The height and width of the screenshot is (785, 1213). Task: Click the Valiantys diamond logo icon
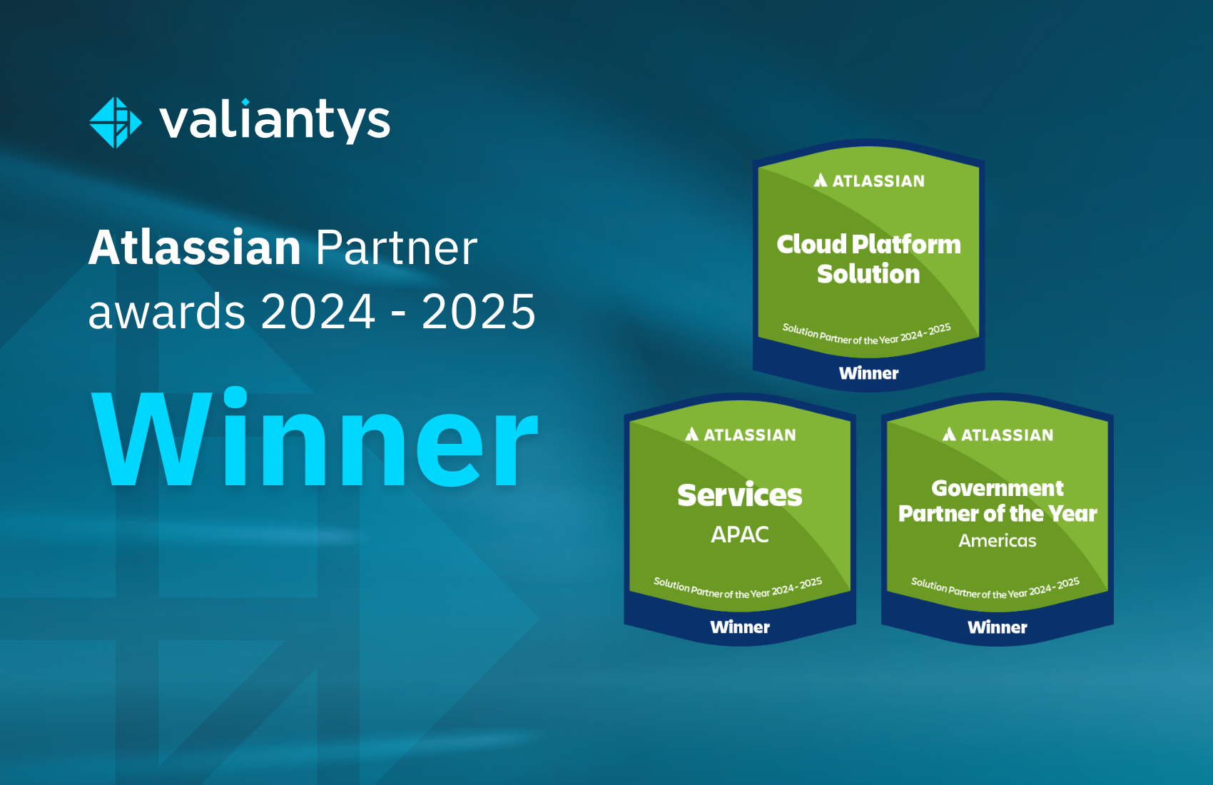tap(116, 123)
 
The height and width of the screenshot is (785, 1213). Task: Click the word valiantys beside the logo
tap(275, 121)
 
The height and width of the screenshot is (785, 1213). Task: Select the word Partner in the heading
tap(397, 248)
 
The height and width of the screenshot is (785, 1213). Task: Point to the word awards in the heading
tap(167, 312)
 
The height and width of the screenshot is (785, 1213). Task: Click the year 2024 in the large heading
tap(318, 312)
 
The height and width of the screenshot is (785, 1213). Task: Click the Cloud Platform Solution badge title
tap(868, 259)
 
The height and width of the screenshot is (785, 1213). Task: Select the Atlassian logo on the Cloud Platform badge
tap(869, 181)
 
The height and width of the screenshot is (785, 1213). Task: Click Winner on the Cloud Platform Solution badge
tap(868, 373)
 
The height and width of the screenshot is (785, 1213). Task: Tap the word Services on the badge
tap(740, 495)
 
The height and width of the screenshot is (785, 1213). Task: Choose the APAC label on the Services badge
tap(740, 535)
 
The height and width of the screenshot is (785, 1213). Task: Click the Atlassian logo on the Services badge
tap(740, 435)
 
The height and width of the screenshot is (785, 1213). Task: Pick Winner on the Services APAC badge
tap(740, 627)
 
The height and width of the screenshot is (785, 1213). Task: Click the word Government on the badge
tap(998, 489)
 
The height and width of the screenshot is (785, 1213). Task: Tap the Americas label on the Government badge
tap(998, 541)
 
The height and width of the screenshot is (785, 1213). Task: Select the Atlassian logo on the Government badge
tap(998, 435)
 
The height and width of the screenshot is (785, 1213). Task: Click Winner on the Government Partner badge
tap(998, 627)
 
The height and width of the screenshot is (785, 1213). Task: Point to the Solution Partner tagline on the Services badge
tap(738, 588)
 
